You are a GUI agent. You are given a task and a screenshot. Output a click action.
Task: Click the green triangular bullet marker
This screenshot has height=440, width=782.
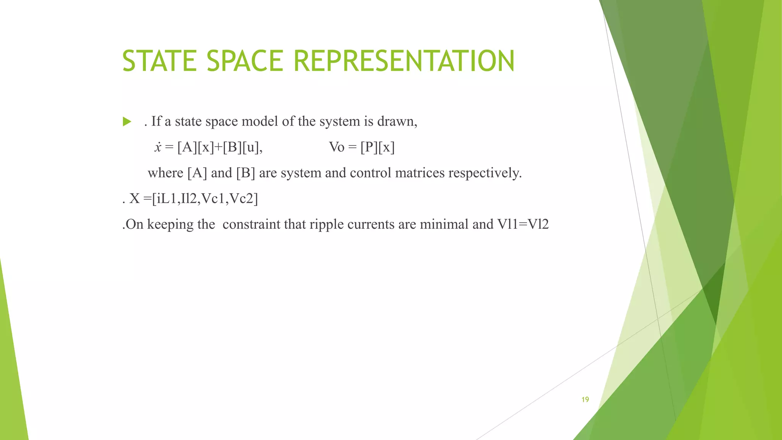127,122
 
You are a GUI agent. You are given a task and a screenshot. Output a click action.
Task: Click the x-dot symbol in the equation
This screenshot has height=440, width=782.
158,147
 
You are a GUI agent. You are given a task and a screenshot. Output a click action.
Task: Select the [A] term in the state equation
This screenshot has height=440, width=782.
187,147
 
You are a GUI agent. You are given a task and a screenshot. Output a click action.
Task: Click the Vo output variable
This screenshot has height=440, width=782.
336,147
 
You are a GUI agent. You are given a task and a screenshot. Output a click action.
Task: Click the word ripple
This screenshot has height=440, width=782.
326,224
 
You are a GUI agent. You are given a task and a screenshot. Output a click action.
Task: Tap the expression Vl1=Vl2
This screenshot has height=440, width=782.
523,224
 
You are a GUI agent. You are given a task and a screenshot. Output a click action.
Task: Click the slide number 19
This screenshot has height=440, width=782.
585,400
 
